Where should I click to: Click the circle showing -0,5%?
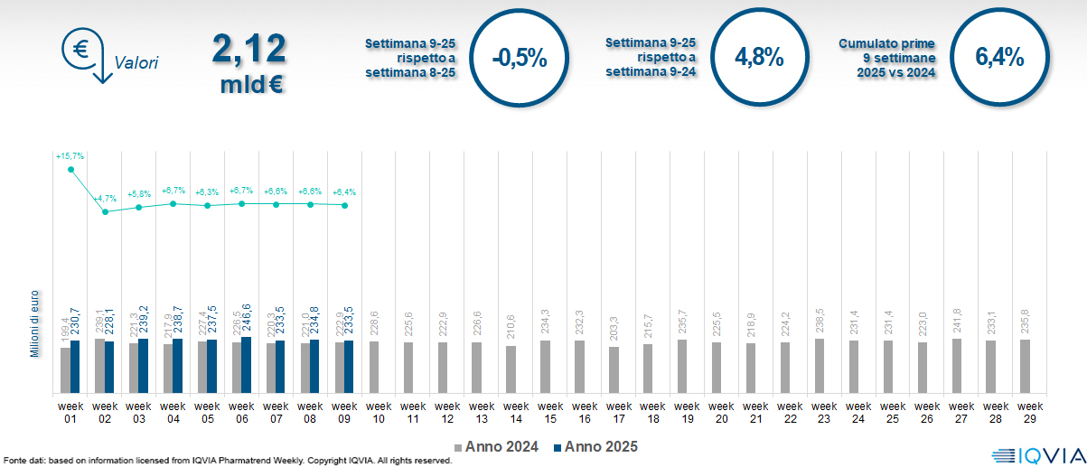pos(520,58)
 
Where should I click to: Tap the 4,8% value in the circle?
pos(759,58)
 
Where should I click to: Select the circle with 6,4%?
pos(998,58)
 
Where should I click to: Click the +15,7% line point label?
pos(70,156)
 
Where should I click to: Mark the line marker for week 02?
pos(105,211)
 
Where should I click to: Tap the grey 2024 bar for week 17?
pos(614,370)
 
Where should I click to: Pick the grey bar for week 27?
pos(957,366)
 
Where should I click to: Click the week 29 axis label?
pos(1026,412)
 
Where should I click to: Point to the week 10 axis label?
pos(379,412)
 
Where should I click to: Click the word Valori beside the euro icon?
pos(136,63)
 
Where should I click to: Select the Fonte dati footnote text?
pos(227,461)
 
